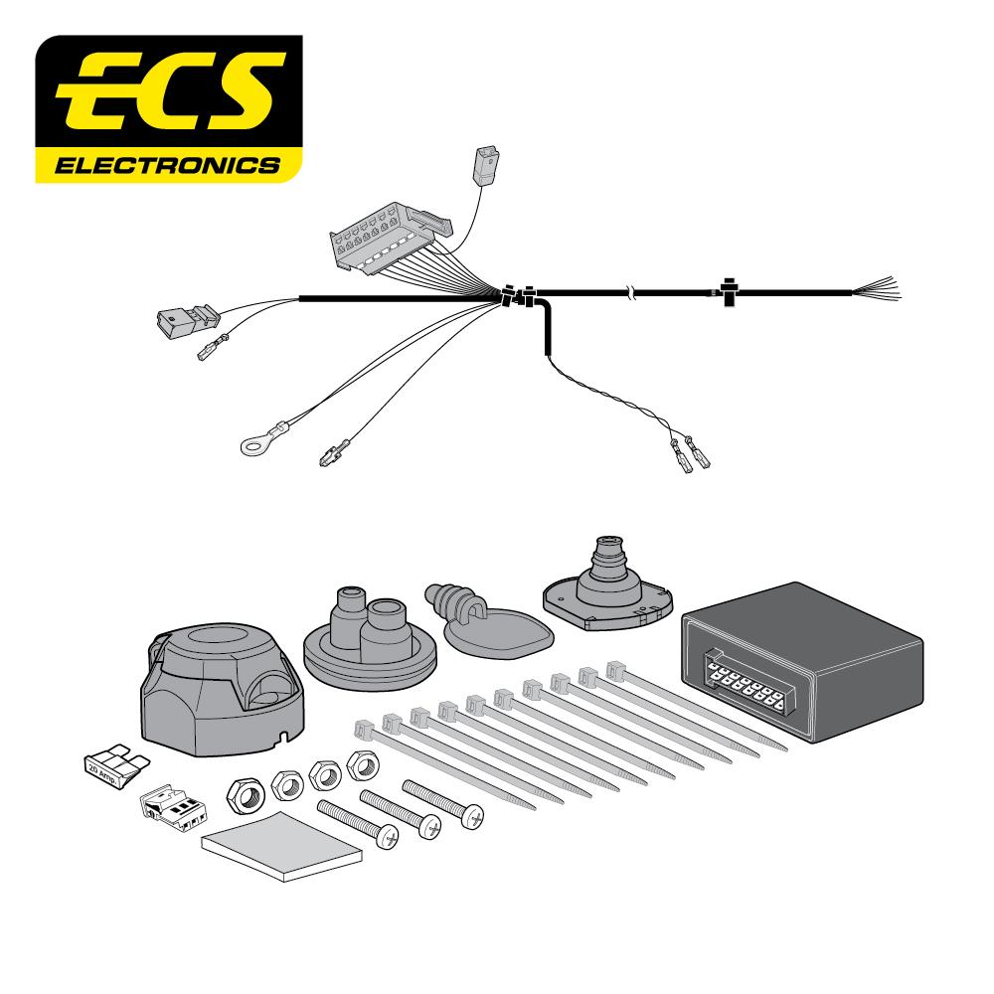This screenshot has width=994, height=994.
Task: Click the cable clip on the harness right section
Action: tap(729, 291)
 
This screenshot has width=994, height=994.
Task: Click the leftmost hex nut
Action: tap(244, 793)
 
